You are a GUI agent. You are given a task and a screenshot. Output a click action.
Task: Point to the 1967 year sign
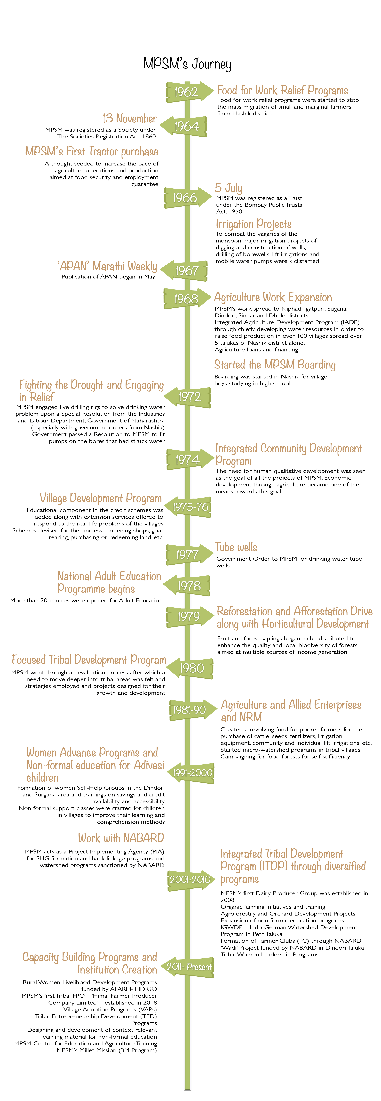(x=186, y=271)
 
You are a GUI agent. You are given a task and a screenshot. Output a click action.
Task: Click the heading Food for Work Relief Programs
(x=283, y=90)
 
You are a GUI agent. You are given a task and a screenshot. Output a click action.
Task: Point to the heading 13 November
(x=129, y=118)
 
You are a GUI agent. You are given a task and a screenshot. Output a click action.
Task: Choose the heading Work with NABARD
(x=121, y=838)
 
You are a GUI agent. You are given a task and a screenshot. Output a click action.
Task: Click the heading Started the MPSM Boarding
(x=275, y=365)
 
